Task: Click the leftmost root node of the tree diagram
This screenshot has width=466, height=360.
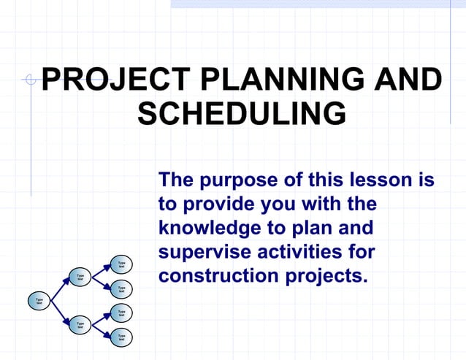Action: coord(39,299)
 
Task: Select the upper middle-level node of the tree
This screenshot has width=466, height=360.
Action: coord(80,277)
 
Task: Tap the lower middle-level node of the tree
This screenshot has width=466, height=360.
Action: coord(80,323)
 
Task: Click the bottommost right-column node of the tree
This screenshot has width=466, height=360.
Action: coord(121,337)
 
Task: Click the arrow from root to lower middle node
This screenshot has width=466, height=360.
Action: coord(58,312)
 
